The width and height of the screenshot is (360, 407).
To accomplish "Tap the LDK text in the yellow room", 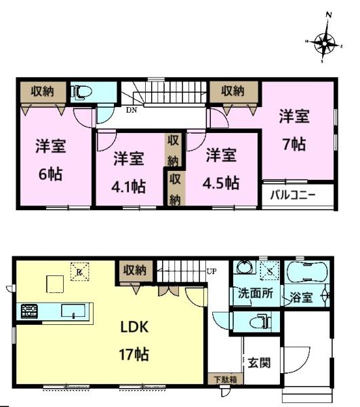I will tap(134, 327).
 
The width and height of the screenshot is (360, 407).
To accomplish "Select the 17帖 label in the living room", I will tap(134, 354).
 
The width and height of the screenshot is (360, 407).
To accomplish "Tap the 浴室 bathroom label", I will tap(300, 296).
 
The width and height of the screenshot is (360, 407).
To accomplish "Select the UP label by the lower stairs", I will tap(211, 271).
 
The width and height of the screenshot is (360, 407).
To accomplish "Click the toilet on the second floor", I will tap(82, 90).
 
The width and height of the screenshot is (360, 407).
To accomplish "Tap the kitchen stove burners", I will tap(30, 312).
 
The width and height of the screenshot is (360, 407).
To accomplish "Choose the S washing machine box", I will tap(269, 271).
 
